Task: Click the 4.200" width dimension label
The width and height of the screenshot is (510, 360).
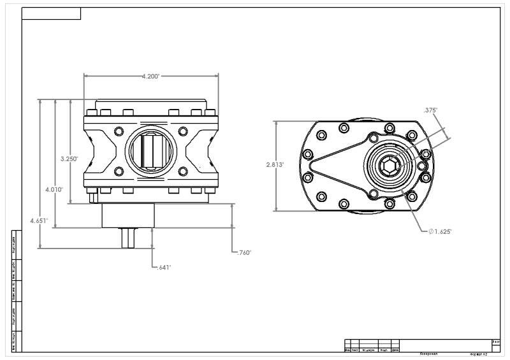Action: point(150,76)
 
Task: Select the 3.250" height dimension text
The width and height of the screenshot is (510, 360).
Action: point(69,159)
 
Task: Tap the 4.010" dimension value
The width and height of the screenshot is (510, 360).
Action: point(53,189)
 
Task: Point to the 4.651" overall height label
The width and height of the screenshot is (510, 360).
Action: point(40,220)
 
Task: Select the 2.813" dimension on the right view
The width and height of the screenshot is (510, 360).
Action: point(275,164)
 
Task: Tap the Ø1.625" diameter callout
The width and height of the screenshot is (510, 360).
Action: point(440,231)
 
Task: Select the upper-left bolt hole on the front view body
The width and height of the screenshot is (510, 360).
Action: point(118,131)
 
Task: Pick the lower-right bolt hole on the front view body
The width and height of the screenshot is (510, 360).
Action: point(183,171)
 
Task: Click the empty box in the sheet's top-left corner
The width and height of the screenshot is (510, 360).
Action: point(51,14)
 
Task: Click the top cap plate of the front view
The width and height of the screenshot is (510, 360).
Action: point(150,104)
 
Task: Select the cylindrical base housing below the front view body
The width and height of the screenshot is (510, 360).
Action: point(128,215)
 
